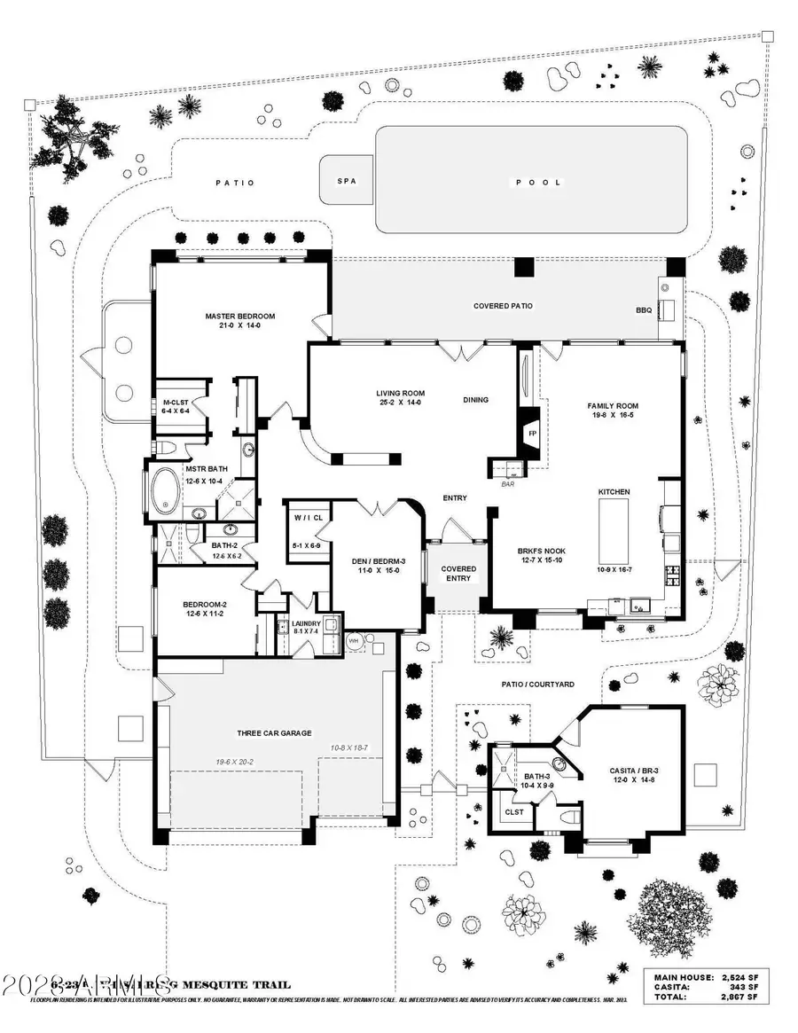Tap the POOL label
539,183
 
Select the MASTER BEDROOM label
239,317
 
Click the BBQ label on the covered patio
643,311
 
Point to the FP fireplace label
532,434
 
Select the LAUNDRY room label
306,624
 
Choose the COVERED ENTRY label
458,574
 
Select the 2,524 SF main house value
739,977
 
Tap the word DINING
475,400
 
